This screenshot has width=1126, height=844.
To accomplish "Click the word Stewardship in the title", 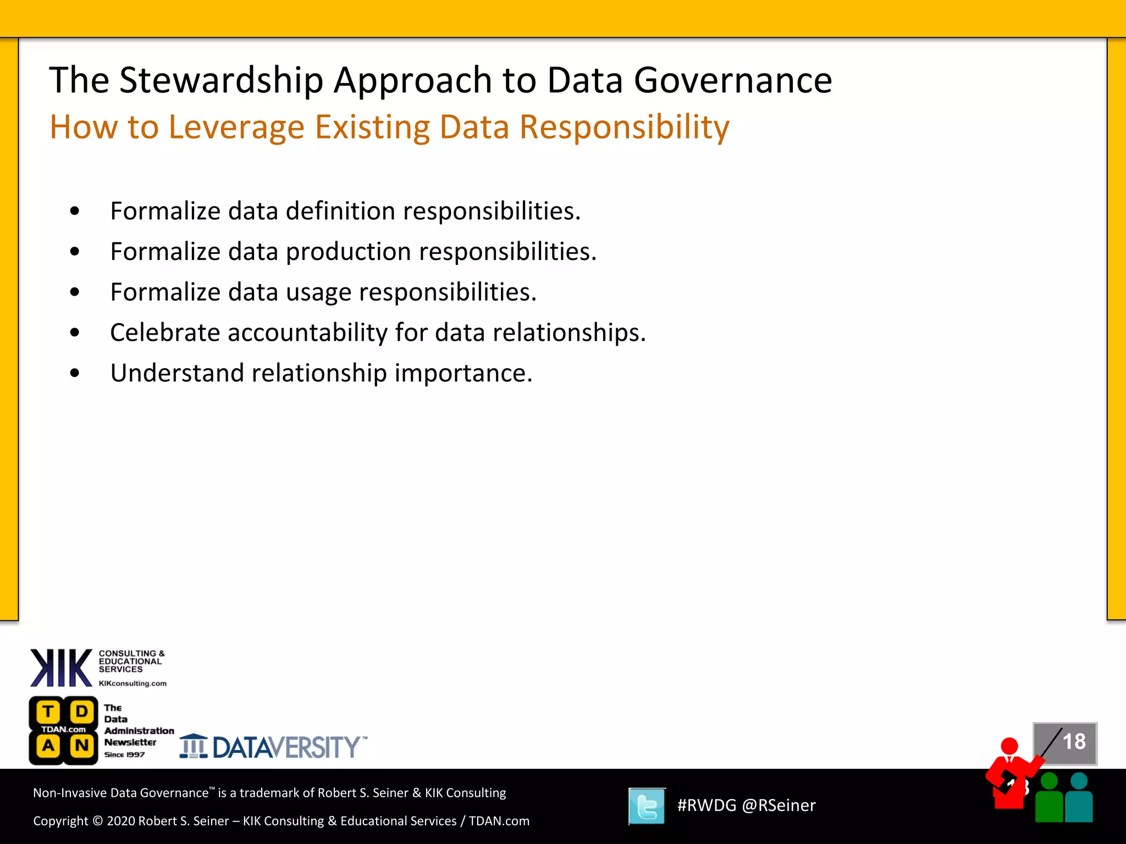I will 221,81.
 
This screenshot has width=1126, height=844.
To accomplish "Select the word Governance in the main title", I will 733,81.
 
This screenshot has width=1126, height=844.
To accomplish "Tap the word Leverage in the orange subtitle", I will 236,127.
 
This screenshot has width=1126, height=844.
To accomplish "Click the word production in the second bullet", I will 348,252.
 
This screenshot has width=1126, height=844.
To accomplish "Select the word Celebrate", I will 165,332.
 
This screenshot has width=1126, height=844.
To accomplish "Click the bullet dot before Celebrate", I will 75,332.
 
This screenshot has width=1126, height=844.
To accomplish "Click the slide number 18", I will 1074,742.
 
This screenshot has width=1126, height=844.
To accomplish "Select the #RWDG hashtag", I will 706,806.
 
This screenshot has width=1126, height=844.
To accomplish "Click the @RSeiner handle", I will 779,806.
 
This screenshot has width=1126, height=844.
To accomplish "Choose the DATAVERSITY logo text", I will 286,747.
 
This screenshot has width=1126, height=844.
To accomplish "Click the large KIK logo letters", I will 61,668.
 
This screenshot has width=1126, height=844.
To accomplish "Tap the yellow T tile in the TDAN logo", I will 48,712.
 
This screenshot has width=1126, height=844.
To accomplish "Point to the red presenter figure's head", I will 1009,746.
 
